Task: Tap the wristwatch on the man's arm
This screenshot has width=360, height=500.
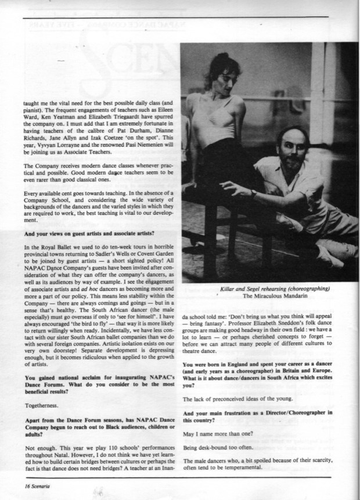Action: point(254,193)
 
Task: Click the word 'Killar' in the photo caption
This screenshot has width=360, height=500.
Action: point(231,288)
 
